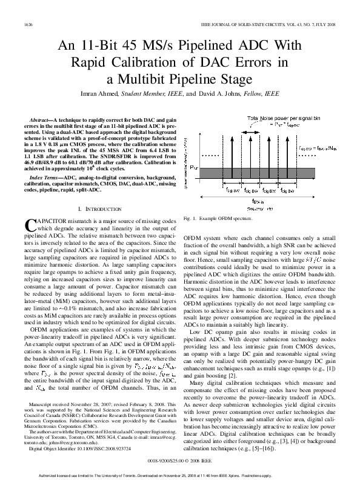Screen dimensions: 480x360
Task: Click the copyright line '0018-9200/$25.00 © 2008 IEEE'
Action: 180,461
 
